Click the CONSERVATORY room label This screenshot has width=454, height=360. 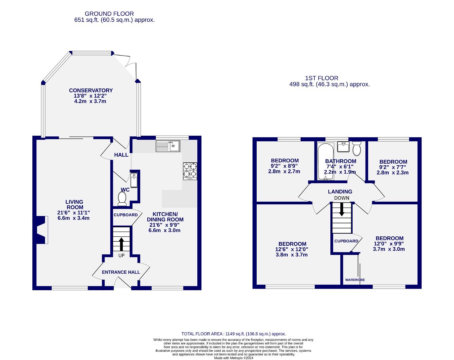[91, 90]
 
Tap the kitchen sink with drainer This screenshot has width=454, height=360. [168, 146]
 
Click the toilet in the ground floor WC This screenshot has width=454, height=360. [122, 199]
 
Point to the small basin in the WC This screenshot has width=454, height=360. [134, 180]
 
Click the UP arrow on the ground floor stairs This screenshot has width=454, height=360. [121, 244]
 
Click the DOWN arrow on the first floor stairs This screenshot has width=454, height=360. [342, 209]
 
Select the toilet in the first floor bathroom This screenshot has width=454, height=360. [357, 149]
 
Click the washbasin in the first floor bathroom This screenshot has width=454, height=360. [343, 146]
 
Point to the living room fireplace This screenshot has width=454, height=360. [41, 230]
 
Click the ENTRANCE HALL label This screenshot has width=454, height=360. [121, 272]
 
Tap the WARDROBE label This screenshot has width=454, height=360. [355, 280]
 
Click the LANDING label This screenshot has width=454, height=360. [340, 191]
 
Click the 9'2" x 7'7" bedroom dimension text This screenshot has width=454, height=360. [393, 167]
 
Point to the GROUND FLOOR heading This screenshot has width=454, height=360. [109, 14]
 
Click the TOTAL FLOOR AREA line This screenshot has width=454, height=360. [233, 334]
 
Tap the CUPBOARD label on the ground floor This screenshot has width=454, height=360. [125, 215]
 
